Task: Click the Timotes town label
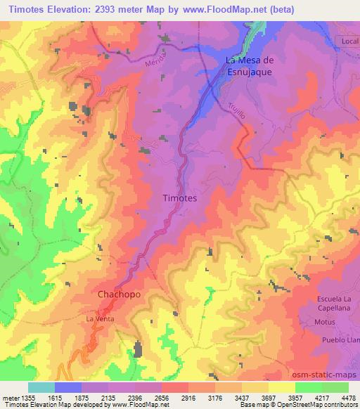[x=179, y=198]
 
